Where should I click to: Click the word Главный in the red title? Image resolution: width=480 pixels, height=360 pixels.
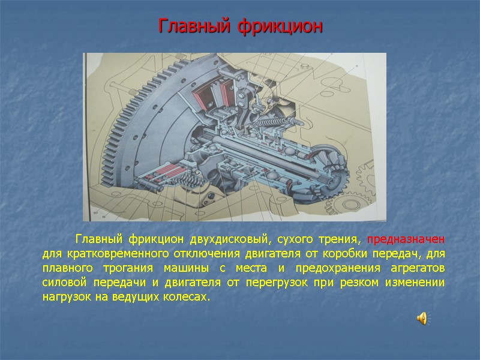click(194, 27)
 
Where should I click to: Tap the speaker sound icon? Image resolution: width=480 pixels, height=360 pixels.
click(422, 319)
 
